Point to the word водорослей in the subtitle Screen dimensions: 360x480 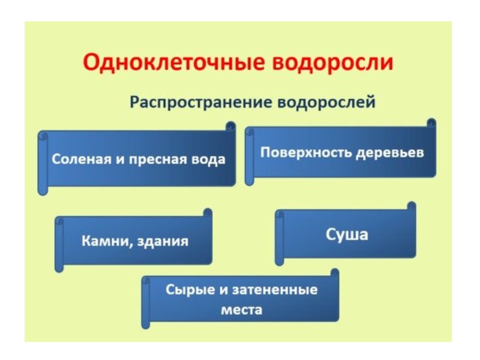[326, 102]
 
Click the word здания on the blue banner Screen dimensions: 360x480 [163, 241]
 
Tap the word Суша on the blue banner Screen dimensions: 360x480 [347, 233]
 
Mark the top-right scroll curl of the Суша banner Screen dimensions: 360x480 [411, 206]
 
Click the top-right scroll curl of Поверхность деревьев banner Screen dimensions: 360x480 [431, 123]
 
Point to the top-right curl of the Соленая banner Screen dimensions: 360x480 [230, 126]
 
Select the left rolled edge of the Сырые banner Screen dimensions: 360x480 [145, 302]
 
